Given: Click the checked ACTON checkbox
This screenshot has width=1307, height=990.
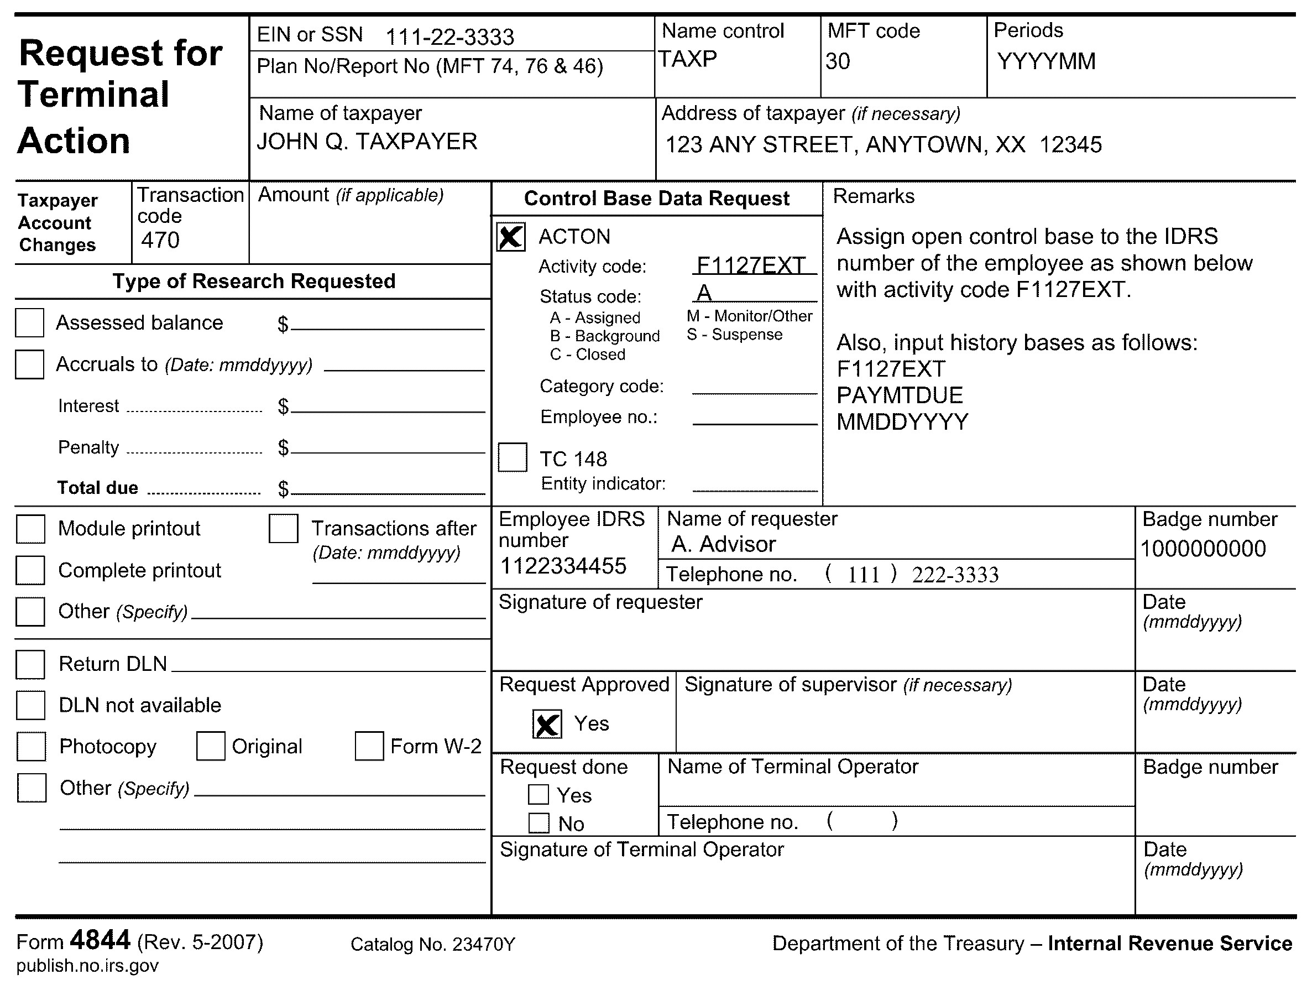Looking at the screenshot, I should point(510,237).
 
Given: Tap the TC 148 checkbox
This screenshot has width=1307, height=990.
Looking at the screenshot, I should point(513,457).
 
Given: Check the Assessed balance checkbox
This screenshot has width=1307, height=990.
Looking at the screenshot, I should point(29,322).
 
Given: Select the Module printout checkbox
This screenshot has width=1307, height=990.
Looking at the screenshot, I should point(31,528).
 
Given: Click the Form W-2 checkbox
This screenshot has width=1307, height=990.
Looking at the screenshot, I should point(369,746).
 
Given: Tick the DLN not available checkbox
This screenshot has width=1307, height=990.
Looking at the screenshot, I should point(31,705).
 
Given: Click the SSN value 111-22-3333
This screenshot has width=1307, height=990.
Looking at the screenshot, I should point(449,37).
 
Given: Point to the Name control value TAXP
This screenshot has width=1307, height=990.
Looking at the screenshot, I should point(688,59).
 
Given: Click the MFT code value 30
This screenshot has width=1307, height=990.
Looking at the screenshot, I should point(837,61).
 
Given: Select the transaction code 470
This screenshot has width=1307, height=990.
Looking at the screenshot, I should point(160,241).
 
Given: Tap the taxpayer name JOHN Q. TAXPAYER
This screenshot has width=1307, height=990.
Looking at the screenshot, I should point(367,142).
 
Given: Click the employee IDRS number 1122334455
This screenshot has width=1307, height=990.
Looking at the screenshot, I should point(562,566).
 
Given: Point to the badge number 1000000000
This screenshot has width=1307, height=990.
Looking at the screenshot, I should point(1203,549).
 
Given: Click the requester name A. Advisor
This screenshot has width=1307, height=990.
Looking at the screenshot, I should point(723,544).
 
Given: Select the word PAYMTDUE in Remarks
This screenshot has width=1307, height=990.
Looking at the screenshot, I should point(900,395).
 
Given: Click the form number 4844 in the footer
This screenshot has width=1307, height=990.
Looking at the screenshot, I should point(100,940).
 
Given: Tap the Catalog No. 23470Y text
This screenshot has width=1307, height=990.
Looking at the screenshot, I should point(432,945).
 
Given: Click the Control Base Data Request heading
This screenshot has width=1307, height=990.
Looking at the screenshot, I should point(656,199).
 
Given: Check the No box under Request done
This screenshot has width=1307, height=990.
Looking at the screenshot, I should point(539,823).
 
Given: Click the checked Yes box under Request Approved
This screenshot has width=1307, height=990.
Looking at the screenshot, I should point(547,724).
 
